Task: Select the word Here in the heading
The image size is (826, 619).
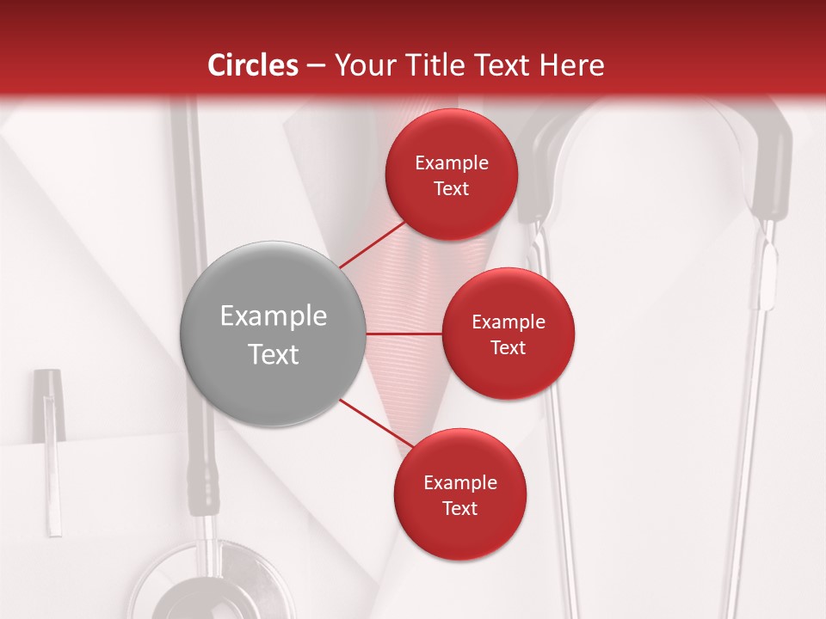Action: coord(571,65)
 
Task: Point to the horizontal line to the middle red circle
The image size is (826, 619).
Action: coord(404,334)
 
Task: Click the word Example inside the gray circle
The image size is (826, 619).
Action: coord(274,316)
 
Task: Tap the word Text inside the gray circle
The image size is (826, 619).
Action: coord(274,354)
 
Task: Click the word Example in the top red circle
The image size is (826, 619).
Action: coord(452,163)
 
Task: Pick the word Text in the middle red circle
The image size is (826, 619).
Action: coord(509,347)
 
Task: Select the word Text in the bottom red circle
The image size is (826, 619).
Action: coord(459,508)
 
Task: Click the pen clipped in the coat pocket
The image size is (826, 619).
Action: coord(51,447)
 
